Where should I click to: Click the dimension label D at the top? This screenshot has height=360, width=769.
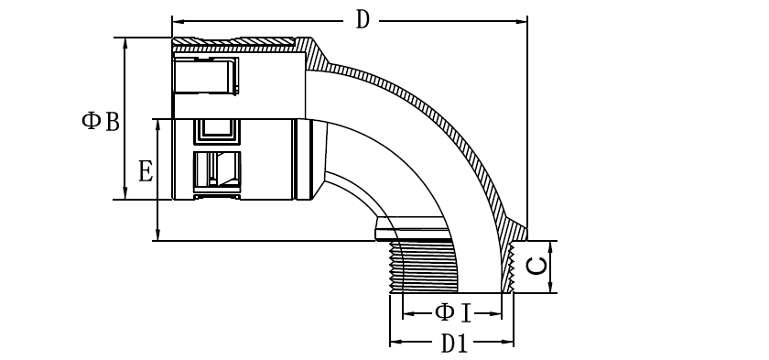pos(362,20)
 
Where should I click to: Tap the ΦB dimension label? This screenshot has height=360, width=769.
pos(101,121)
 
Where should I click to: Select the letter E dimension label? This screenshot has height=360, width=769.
pos(146,172)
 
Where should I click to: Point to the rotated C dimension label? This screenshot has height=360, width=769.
pos(536,266)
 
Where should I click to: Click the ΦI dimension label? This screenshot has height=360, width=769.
pos(452,313)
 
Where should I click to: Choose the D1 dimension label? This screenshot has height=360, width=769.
pos(454,344)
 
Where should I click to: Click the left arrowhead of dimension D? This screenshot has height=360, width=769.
pos(178,21)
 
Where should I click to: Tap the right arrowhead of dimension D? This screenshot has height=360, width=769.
pos(521,21)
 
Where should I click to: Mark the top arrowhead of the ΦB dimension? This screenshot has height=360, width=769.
pos(125,43)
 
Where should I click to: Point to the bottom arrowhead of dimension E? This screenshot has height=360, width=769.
pos(157,235)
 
